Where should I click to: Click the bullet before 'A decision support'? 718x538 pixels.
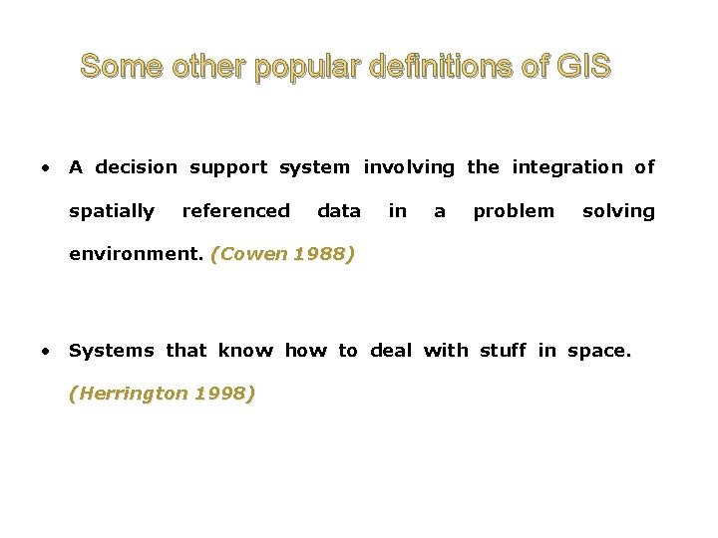(45, 167)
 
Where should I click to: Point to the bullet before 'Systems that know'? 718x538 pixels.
(45, 350)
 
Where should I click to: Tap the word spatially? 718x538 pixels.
(112, 211)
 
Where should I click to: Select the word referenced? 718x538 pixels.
(236, 211)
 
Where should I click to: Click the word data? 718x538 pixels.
(339, 211)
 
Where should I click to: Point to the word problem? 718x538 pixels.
(514, 211)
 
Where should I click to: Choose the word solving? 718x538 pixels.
(618, 211)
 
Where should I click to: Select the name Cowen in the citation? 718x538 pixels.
(244, 254)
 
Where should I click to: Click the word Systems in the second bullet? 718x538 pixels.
(111, 350)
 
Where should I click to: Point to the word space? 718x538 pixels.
(598, 351)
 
